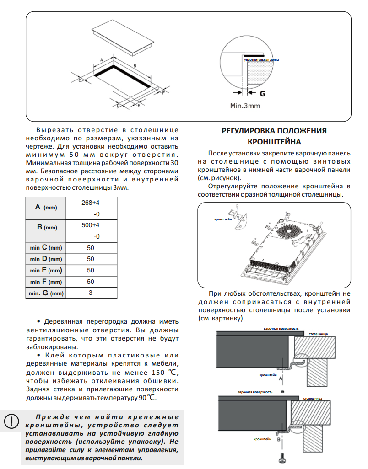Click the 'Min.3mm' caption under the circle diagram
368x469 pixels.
[245, 106]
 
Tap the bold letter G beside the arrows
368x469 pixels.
[263, 93]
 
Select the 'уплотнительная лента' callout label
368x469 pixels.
[261, 60]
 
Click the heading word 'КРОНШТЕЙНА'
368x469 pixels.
[274, 141]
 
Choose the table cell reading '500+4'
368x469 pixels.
[90, 225]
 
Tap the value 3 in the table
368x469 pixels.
[90, 293]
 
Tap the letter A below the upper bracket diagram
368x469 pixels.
[281, 378]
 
